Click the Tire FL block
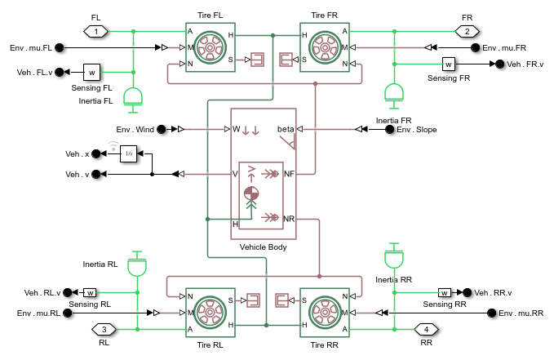tap(210, 47)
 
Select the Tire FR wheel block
tap(325, 47)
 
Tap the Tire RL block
tap(210, 312)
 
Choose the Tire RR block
tap(325, 312)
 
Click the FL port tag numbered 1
tap(96, 31)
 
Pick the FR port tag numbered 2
tap(467, 31)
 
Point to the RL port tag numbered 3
tap(104, 329)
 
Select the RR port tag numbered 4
tap(427, 329)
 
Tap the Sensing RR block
tap(445, 291)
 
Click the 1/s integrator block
tap(129, 153)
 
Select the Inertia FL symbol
tap(131, 97)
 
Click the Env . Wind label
tap(135, 129)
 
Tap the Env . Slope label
tap(417, 129)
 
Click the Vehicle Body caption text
tap(264, 246)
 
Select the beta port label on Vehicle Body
tap(286, 129)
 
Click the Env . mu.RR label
tap(522, 313)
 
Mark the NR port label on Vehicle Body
tap(289, 218)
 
